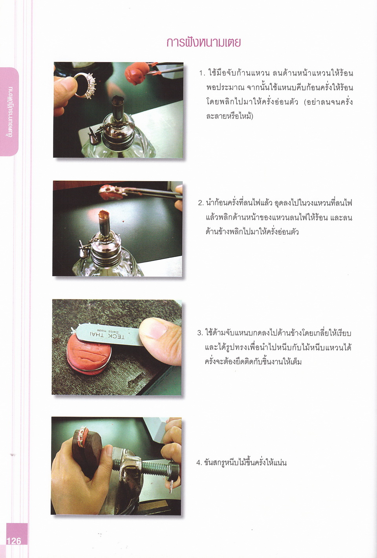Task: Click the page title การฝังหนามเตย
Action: (203, 43)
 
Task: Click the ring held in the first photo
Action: (84, 85)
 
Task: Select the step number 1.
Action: (201, 73)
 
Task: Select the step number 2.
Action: (201, 203)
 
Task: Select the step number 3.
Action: (200, 333)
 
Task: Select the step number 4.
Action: (199, 463)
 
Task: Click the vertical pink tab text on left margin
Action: (10, 112)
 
